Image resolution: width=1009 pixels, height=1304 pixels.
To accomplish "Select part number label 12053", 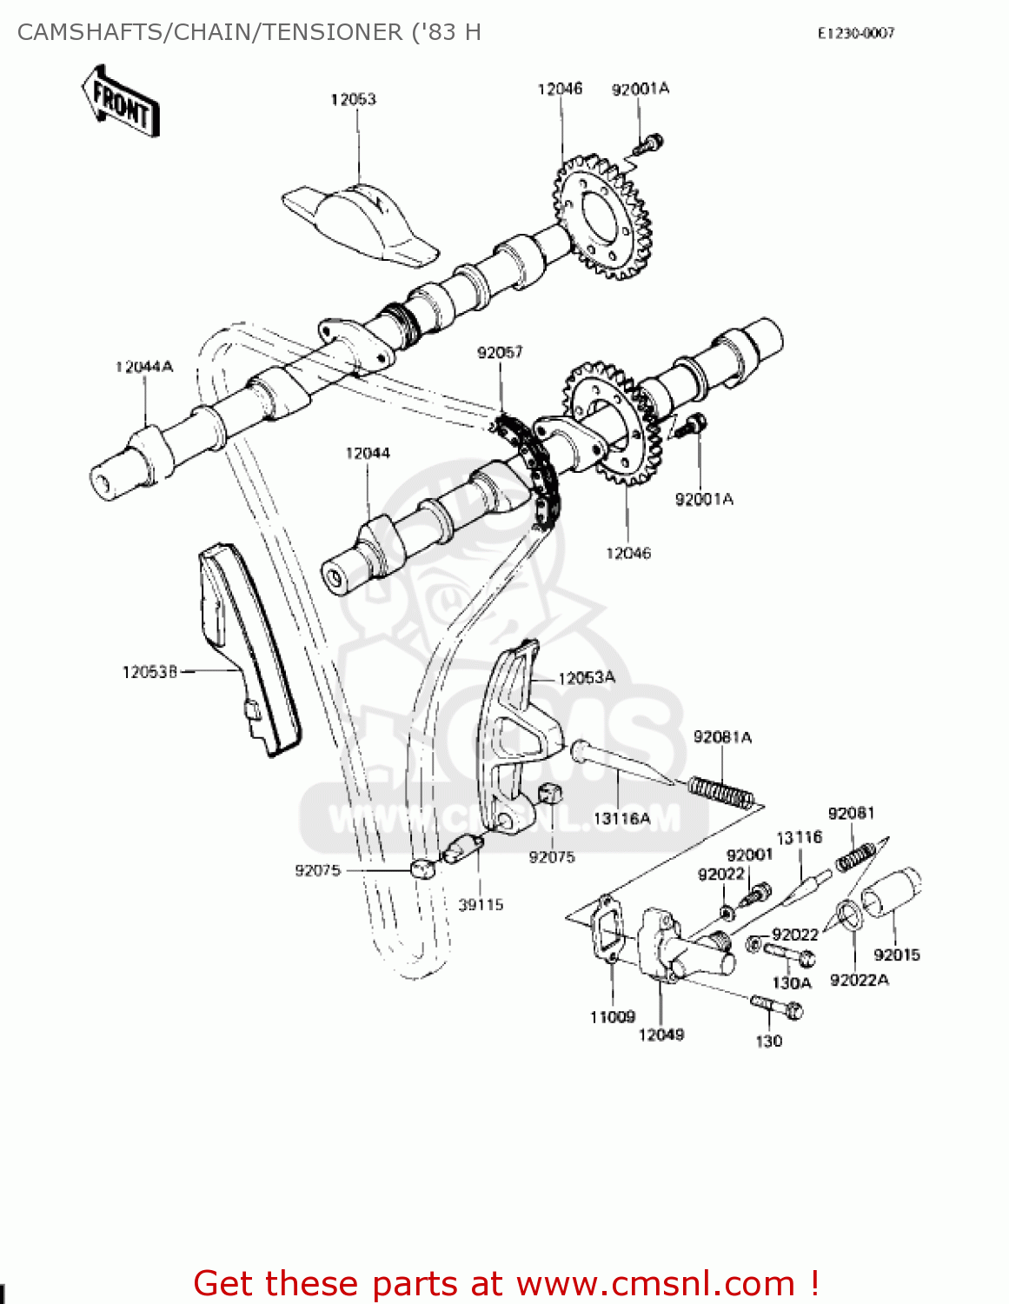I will [x=353, y=99].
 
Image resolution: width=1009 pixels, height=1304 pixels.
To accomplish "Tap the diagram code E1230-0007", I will [x=855, y=33].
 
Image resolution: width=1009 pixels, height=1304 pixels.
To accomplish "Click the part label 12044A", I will [x=143, y=367].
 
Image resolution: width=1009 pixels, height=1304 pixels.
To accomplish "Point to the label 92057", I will [x=500, y=352].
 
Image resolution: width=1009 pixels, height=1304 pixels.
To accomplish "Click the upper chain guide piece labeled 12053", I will [x=361, y=224].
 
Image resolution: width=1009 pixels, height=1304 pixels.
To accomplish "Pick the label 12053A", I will [x=586, y=678].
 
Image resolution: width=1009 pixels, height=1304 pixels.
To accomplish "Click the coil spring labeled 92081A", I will [x=720, y=793].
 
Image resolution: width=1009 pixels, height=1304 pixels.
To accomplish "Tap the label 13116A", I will [x=621, y=818].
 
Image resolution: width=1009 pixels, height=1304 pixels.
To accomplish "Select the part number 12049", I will [x=660, y=1035].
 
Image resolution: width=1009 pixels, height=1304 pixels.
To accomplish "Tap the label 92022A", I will [x=859, y=980].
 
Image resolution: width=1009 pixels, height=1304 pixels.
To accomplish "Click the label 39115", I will [x=481, y=905].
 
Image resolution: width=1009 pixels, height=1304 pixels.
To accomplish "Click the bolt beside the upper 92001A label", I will [x=649, y=144].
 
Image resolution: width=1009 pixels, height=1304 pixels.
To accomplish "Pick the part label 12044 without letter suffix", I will [x=367, y=453].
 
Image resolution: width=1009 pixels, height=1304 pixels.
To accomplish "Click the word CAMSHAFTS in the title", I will [x=91, y=32].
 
